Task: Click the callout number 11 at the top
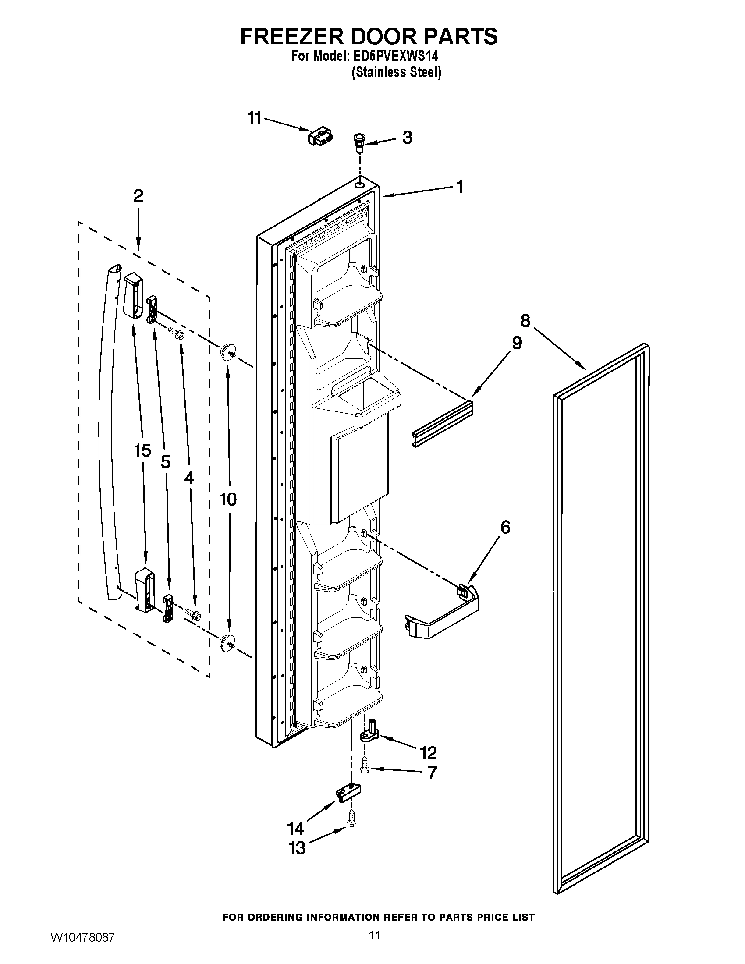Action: tap(255, 118)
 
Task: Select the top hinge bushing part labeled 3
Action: tap(359, 142)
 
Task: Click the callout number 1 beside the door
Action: tap(459, 187)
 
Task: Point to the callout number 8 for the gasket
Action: tap(525, 321)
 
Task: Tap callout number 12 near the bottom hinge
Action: tap(429, 752)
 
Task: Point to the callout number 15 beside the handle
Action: tap(142, 450)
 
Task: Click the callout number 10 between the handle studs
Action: tap(228, 499)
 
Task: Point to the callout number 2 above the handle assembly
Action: tap(138, 196)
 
